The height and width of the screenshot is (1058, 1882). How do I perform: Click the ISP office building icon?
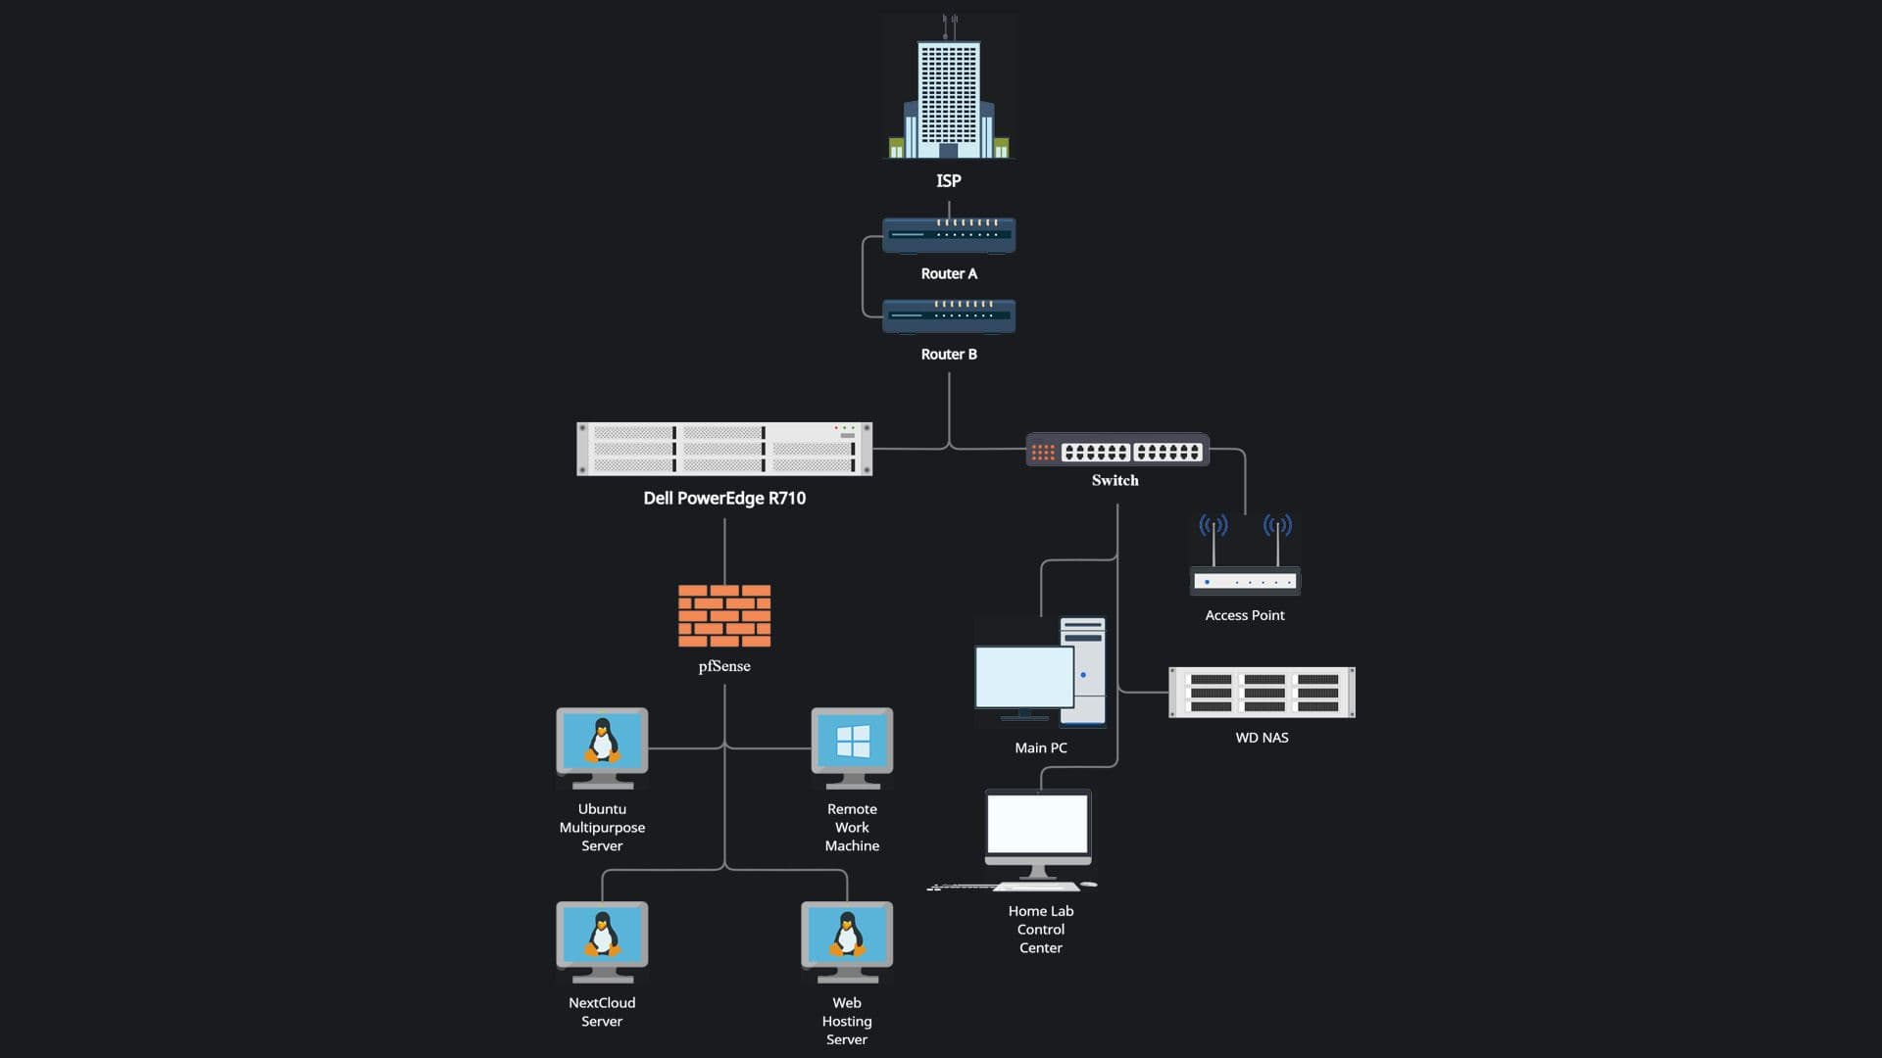948,93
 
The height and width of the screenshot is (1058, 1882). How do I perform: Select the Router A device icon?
948,235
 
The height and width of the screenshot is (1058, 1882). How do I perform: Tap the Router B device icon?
948,315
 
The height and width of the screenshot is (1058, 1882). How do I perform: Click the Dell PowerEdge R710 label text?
724,498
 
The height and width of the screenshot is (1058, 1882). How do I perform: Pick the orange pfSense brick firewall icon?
724,615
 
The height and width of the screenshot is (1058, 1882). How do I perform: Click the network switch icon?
1116,451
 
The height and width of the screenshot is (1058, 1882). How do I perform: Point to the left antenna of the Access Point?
1213,539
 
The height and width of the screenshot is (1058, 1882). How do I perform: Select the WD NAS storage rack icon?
1262,693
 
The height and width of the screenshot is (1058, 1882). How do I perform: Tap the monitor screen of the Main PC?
1023,676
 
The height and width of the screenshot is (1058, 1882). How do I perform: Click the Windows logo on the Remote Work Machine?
853,743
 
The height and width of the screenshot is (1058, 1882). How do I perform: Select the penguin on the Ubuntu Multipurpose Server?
602,741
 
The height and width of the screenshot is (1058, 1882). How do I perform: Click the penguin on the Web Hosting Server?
847,935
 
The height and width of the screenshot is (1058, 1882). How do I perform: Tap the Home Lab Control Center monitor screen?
1037,825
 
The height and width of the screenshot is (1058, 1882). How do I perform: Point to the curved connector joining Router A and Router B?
863,277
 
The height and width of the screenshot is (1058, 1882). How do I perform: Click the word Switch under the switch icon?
1115,480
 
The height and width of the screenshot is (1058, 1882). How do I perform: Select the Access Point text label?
1244,615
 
